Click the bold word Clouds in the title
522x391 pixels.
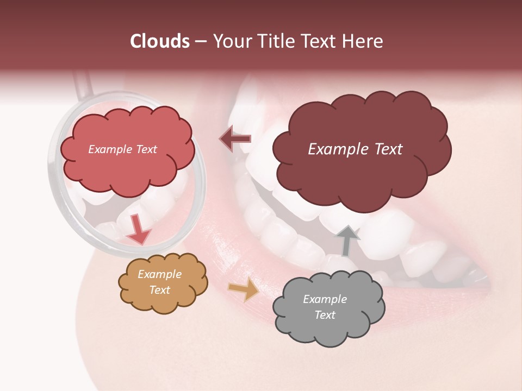pyautogui.click(x=160, y=41)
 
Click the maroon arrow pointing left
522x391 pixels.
pyautogui.click(x=235, y=138)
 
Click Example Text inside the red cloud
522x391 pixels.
pyautogui.click(x=122, y=149)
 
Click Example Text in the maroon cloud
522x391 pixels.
pyautogui.click(x=355, y=149)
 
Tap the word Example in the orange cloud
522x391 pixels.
pyautogui.click(x=159, y=274)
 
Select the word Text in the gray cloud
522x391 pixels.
pyautogui.click(x=325, y=315)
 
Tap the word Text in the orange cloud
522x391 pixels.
pyautogui.click(x=159, y=290)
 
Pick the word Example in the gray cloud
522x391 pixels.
pyautogui.click(x=325, y=299)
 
